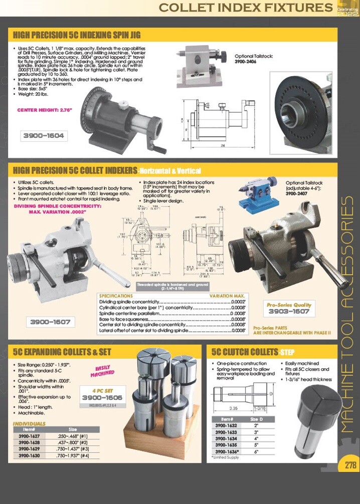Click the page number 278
coord(349,464)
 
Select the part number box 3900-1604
coord(44,135)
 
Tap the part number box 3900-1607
coord(50,322)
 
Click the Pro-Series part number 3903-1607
coord(288,311)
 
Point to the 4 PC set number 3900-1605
coord(102,397)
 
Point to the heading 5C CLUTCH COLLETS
coord(244,352)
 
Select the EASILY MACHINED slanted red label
coord(103,370)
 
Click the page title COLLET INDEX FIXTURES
coord(246,8)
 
